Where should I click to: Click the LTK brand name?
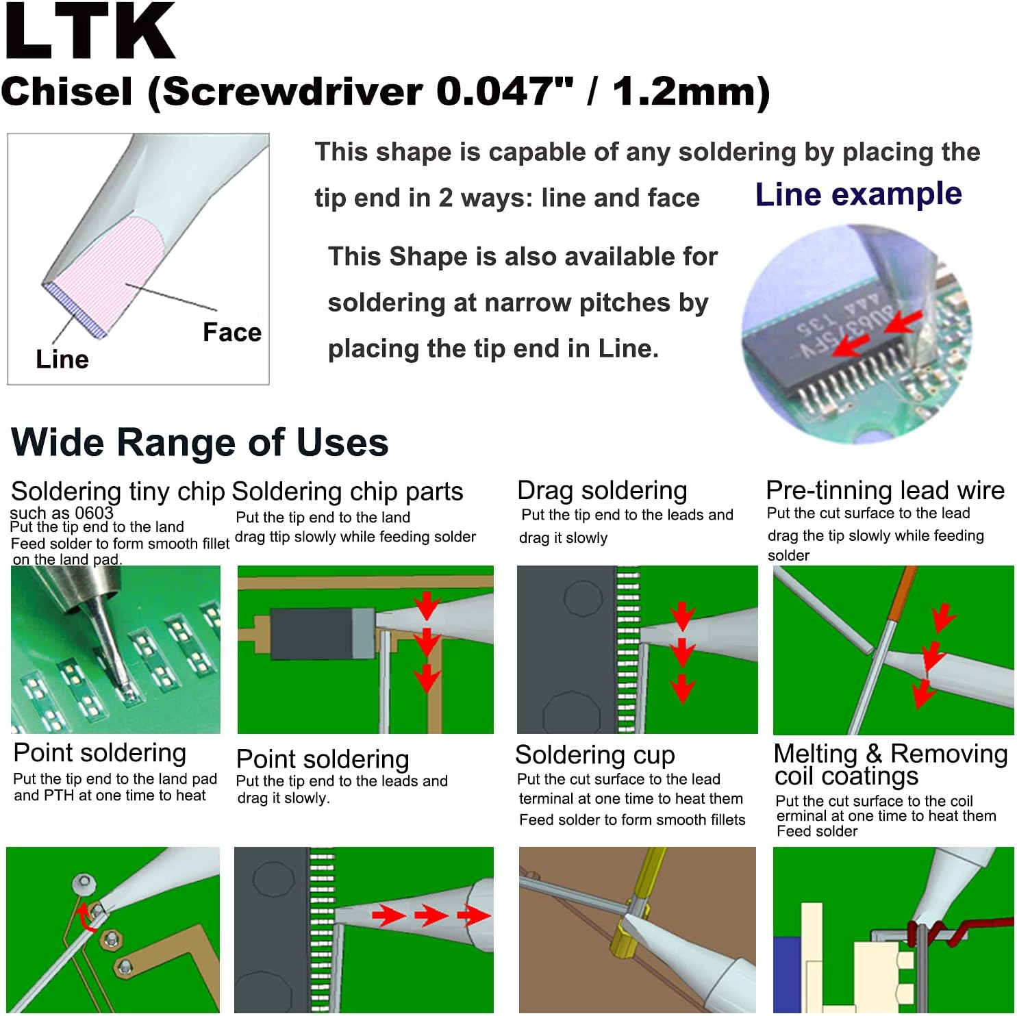click(89, 32)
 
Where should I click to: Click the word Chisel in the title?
click(67, 91)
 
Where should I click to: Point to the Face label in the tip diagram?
click(231, 332)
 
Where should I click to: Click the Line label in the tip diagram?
click(62, 359)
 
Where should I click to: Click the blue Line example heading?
click(858, 194)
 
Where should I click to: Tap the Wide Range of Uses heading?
click(199, 442)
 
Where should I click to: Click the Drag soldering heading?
click(602, 491)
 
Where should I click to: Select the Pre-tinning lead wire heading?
click(885, 490)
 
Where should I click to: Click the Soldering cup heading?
click(594, 754)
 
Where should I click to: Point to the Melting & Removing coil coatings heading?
click(890, 764)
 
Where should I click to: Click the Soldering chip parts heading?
click(347, 492)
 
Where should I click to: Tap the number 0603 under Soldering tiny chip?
click(94, 513)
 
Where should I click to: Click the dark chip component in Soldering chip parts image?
click(312, 634)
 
